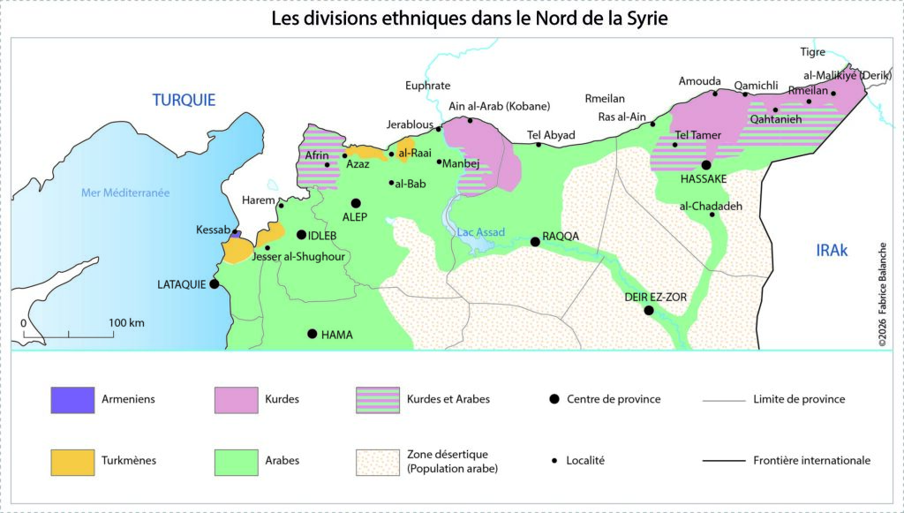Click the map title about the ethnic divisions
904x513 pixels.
click(451, 18)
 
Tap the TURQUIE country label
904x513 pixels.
click(184, 100)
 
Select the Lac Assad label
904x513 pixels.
click(481, 232)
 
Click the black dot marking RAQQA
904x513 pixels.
click(534, 241)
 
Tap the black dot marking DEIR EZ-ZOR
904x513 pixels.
click(649, 310)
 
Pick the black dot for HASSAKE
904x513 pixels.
click(706, 165)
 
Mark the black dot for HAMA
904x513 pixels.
click(312, 334)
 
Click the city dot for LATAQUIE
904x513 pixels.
click(214, 284)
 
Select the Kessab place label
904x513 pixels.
click(213, 230)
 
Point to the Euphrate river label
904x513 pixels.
click(427, 86)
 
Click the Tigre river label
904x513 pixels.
click(812, 52)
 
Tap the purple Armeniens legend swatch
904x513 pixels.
click(72, 400)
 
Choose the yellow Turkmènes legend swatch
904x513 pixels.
click(72, 461)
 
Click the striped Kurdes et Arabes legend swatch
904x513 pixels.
click(377, 400)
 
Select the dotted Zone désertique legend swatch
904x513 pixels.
click(377, 462)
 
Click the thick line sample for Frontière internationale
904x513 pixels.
click(725, 461)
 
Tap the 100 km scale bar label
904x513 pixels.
click(127, 322)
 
